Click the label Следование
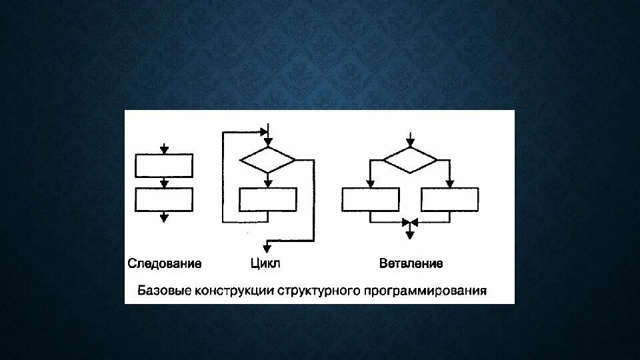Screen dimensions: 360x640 [164, 263]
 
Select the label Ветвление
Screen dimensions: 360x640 [411, 263]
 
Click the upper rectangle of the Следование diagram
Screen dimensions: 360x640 [164, 165]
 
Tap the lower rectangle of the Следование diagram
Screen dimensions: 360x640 [164, 199]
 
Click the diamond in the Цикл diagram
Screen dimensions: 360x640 [267, 160]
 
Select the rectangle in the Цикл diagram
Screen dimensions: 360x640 [267, 200]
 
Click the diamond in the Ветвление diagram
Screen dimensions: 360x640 [410, 160]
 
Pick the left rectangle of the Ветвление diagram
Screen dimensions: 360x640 [370, 199]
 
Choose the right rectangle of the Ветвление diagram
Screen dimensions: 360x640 [450, 199]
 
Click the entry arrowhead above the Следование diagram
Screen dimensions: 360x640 [164, 150]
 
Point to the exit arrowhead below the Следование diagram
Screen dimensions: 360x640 [164, 217]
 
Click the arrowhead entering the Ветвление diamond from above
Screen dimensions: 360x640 [410, 142]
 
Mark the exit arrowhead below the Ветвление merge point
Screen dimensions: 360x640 [410, 233]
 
